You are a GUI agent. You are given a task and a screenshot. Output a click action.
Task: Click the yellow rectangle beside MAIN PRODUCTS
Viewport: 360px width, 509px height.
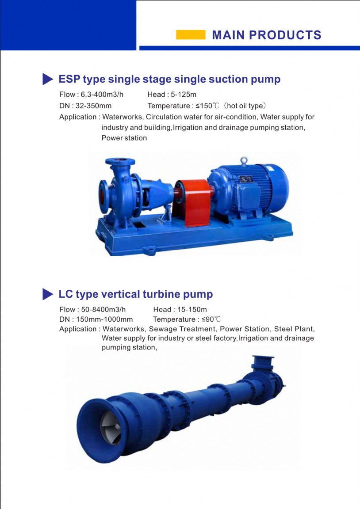191,35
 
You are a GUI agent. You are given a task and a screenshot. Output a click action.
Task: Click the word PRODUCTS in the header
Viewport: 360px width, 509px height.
285,35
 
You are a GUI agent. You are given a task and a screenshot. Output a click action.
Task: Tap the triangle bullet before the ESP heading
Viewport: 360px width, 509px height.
48,79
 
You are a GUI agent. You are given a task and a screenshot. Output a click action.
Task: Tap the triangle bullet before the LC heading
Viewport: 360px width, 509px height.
48,294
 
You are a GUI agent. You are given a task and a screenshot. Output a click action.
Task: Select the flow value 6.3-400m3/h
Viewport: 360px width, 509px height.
102,95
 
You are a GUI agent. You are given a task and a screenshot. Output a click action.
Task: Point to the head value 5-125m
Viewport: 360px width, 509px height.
184,95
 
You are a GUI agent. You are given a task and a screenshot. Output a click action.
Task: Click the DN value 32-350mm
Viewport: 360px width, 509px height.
94,106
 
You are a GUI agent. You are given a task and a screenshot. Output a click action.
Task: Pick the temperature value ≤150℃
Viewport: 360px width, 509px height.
207,106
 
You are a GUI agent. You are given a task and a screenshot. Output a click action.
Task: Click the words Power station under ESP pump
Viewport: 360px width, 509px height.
124,138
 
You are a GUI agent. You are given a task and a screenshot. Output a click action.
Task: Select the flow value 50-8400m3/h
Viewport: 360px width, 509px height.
103,309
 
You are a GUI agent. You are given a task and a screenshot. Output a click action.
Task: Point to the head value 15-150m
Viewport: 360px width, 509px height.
192,309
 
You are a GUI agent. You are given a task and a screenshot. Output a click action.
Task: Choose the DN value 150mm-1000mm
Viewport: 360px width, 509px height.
104,319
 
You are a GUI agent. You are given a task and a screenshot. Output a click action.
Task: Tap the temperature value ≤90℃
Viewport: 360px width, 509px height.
211,319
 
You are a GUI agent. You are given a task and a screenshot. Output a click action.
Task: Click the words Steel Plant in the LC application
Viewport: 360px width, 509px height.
295,329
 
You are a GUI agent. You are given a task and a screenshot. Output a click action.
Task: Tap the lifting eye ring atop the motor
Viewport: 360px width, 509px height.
244,161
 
